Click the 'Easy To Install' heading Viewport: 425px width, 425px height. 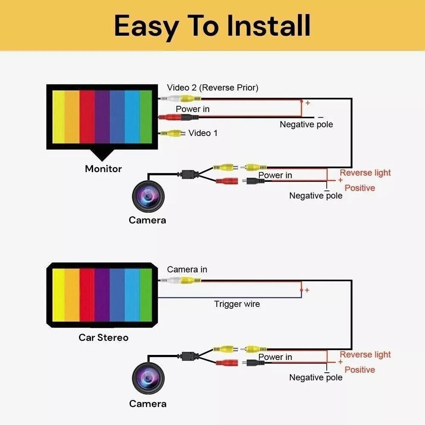(x=212, y=26)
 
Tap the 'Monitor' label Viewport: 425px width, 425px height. (x=103, y=169)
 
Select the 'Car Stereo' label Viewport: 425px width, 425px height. (x=103, y=337)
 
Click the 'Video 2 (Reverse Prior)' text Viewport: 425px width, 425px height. (x=212, y=88)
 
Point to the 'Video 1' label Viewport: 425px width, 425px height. (x=203, y=133)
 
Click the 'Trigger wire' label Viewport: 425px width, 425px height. (x=237, y=304)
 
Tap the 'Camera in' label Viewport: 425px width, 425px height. (x=187, y=269)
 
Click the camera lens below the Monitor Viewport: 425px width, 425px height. (x=148, y=196)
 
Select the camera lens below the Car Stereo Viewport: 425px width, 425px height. (x=148, y=378)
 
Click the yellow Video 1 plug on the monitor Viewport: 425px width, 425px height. (x=173, y=133)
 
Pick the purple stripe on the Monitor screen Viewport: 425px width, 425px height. (x=102, y=117)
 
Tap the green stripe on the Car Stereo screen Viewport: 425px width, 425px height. (x=146, y=295)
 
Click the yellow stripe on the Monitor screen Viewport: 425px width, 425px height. (x=59, y=117)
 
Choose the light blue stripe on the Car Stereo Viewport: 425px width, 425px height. (x=132, y=295)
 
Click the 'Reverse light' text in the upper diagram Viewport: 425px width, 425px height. (x=365, y=173)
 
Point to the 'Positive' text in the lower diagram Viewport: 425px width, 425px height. (x=360, y=370)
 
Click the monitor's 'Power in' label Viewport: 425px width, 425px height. (x=193, y=109)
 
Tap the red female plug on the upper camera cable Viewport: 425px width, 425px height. (x=227, y=181)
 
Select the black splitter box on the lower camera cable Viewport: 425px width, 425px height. (x=188, y=356)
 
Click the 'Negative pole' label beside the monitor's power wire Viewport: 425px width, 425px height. (x=306, y=125)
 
